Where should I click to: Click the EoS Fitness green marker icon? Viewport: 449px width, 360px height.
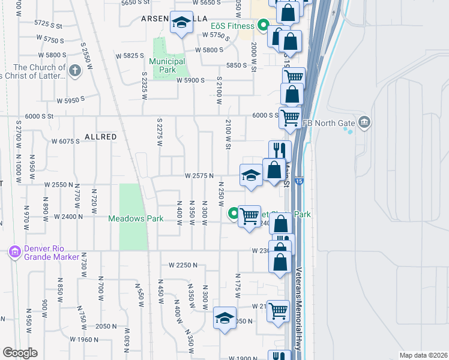(262, 25)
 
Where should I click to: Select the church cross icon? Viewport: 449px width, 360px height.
(74, 71)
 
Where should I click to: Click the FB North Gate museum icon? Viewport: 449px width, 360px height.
(364, 124)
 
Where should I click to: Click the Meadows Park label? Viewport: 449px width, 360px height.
(136, 219)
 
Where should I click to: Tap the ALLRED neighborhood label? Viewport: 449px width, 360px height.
(100, 137)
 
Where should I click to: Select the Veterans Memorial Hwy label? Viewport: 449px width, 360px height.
(298, 307)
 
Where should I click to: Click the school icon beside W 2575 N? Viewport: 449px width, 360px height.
(251, 175)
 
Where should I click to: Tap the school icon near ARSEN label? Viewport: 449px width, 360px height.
(179, 23)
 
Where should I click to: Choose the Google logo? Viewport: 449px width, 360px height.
(20, 353)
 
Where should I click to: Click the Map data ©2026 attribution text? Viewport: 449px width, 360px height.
(424, 355)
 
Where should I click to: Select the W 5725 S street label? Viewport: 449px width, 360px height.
(49, 25)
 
